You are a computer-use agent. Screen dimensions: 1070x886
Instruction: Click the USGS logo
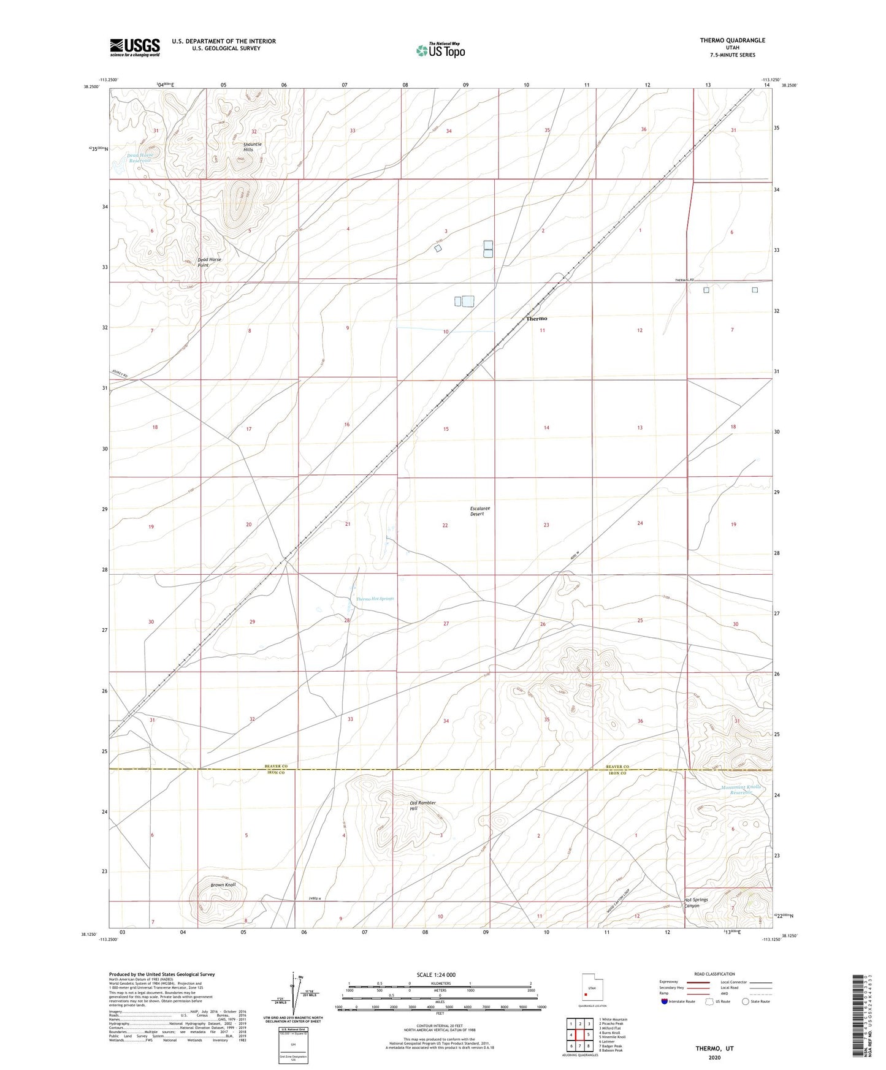(135, 47)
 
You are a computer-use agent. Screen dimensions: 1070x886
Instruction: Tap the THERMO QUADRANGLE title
(732, 40)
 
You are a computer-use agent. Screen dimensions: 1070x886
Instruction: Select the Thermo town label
(537, 319)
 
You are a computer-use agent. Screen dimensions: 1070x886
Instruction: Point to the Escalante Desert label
(481, 511)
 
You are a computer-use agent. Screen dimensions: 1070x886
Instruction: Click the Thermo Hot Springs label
(375, 599)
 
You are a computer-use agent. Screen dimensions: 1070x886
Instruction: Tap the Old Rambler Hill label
(422, 806)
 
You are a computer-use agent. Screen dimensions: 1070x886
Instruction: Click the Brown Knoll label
(223, 885)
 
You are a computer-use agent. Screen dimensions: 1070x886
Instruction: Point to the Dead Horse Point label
(208, 262)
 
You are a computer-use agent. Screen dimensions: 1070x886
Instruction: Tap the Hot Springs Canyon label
(696, 903)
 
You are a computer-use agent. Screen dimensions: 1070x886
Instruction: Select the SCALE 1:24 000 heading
(435, 974)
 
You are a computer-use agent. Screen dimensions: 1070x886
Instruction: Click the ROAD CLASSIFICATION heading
(714, 974)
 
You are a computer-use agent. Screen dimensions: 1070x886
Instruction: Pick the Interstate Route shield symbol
(665, 1001)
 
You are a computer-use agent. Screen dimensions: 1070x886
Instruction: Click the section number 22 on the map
(445, 525)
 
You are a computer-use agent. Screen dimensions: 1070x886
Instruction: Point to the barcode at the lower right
(861, 1015)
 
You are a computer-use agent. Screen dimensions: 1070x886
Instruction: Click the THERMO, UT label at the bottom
(714, 1048)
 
